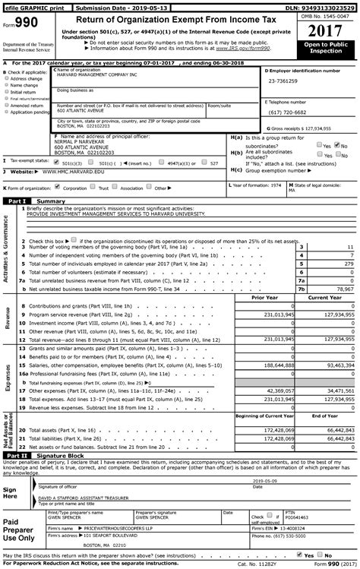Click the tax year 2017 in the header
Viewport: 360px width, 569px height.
coord(327,33)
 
